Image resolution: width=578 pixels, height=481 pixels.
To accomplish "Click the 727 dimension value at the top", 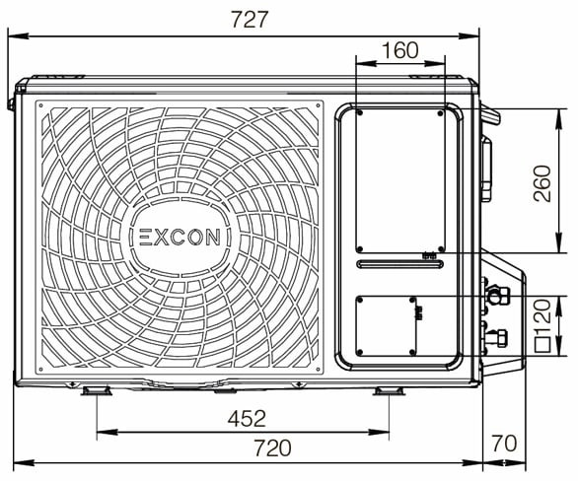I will [x=249, y=20].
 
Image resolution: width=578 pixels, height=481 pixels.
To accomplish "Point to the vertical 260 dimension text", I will [x=542, y=180].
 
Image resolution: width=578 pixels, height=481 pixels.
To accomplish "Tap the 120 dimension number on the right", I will [x=542, y=316].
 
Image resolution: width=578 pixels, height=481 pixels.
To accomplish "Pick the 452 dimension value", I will [x=247, y=419].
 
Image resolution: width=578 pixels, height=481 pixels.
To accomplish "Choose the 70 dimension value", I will [x=503, y=445].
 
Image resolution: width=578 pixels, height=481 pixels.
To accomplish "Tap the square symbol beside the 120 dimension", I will [x=542, y=345].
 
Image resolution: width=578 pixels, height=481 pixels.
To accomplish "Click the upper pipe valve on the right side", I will [x=496, y=294].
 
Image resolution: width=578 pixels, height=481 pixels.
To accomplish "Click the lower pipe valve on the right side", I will [x=496, y=338].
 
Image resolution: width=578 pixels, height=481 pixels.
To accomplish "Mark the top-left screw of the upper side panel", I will [x=360, y=112].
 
